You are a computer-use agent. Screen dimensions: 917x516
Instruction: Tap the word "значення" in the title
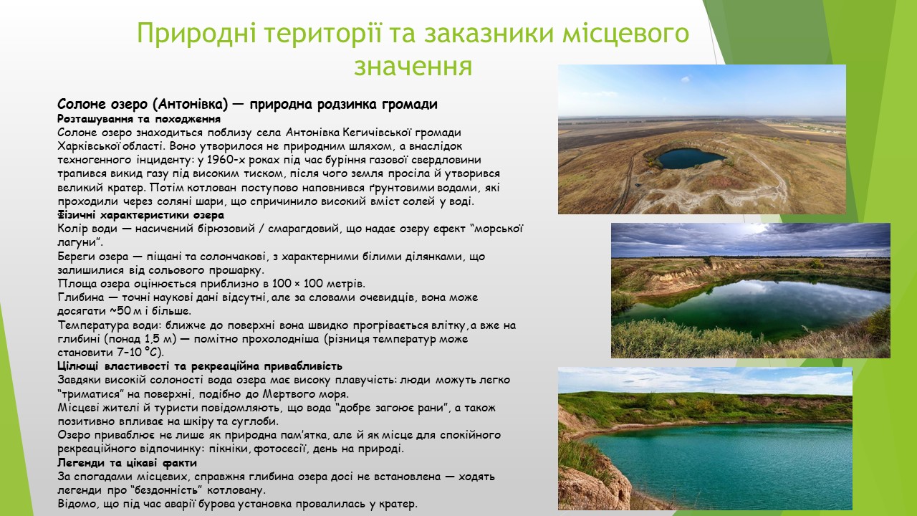(413, 66)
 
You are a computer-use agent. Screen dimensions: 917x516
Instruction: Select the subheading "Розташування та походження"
(139, 119)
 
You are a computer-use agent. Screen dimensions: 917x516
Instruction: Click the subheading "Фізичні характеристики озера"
(141, 215)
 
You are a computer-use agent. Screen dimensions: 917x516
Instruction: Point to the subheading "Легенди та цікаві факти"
(127, 463)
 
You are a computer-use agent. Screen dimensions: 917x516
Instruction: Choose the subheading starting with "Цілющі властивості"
(200, 365)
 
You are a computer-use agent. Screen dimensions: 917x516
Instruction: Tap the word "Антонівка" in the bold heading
(190, 105)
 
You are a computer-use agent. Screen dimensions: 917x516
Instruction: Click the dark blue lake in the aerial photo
(690, 158)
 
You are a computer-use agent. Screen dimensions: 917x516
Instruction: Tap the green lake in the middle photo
(753, 305)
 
